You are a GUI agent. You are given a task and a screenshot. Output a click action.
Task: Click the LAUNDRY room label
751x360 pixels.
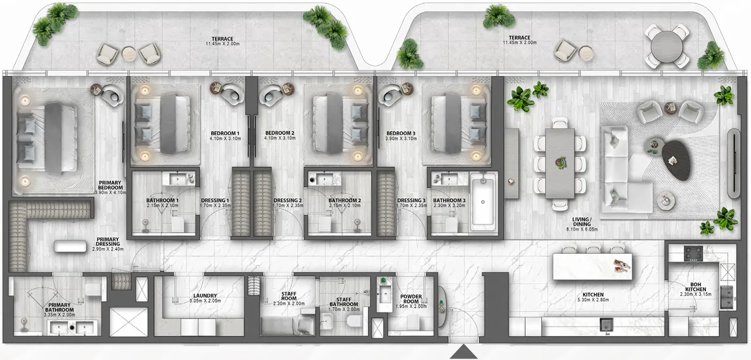tap(205, 296)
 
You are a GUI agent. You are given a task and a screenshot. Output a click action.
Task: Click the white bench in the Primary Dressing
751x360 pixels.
tap(70, 246)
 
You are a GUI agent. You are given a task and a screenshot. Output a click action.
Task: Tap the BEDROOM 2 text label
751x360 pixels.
tap(280, 133)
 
